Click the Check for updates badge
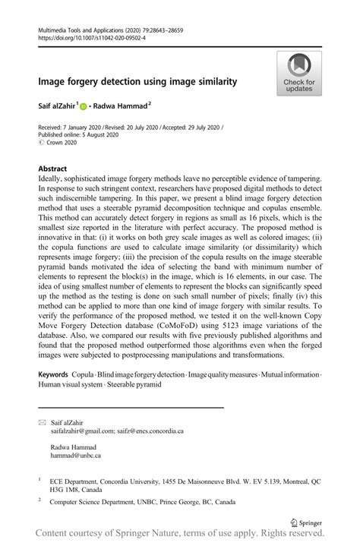[x=298, y=74]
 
